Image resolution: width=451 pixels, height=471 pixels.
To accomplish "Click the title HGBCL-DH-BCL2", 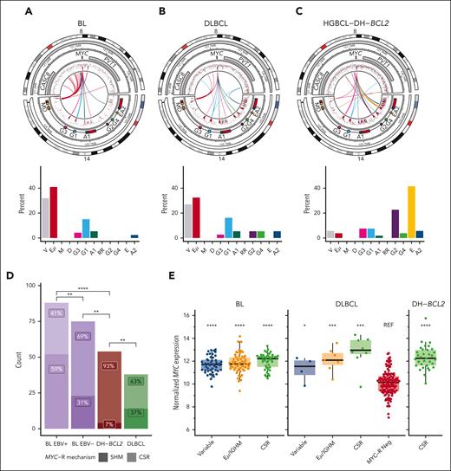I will click(x=377, y=12).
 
